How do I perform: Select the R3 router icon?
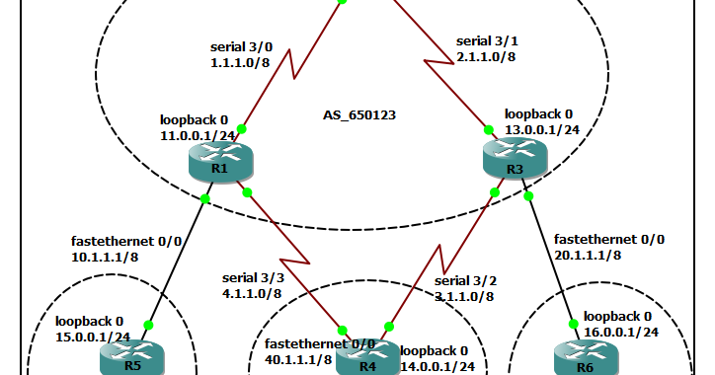[514, 155]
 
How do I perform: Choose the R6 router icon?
[584, 359]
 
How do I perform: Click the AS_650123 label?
[359, 115]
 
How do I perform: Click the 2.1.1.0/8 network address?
[486, 57]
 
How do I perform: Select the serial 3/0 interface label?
[240, 46]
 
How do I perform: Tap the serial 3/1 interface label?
[486, 41]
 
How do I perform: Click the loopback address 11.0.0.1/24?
[201, 135]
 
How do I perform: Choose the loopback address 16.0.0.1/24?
[619, 332]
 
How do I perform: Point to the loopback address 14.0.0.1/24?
[437, 366]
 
